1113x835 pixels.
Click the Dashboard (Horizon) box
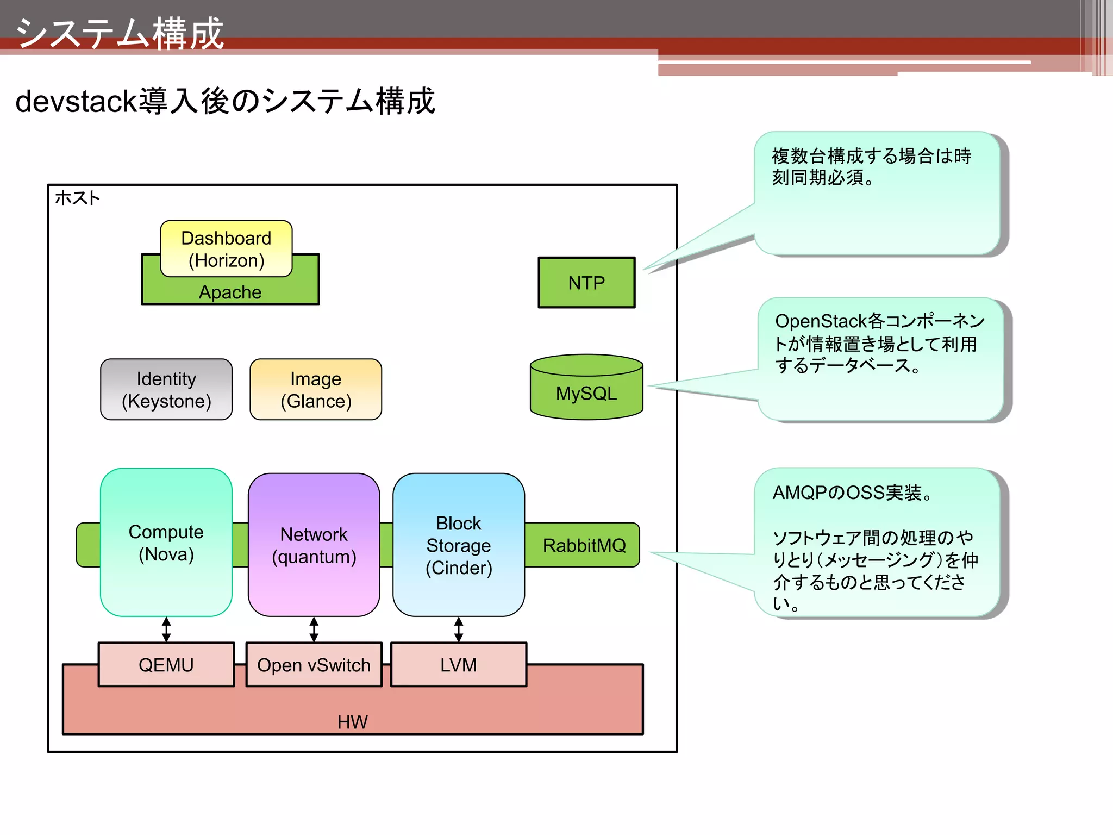coord(226,249)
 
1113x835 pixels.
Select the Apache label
coord(230,292)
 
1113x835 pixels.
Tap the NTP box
coord(586,283)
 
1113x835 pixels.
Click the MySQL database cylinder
coord(586,392)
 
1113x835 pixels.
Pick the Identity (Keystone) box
coord(166,390)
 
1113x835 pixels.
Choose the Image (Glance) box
coord(316,390)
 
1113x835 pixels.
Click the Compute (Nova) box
coord(166,543)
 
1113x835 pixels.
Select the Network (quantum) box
coord(314,545)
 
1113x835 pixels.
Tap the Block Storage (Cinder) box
coord(459,545)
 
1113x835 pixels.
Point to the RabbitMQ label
coord(584,545)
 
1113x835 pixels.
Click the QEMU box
coord(166,665)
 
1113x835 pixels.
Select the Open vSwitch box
coord(314,665)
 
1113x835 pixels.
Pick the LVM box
coord(459,665)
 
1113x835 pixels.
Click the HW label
coord(352,722)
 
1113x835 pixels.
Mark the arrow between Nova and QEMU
coord(166,630)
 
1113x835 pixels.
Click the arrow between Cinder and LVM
coord(459,630)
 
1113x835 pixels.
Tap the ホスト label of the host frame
coord(78,198)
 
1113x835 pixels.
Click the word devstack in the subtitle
coord(76,102)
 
